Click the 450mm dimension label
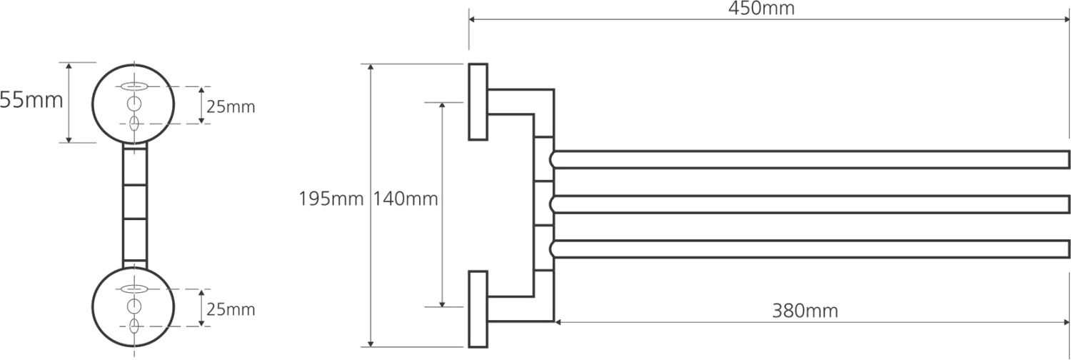click(x=761, y=9)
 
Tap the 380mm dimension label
click(x=805, y=311)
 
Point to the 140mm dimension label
click(x=406, y=199)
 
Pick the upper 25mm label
click(x=231, y=107)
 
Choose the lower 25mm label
click(x=231, y=310)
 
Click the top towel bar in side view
click(x=810, y=160)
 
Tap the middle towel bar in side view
click(x=810, y=204)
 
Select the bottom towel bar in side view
click(x=810, y=249)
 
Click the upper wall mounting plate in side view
click(x=478, y=101)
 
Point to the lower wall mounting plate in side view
click(x=478, y=309)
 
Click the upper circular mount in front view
click(x=134, y=104)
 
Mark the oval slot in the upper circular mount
click(x=134, y=87)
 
